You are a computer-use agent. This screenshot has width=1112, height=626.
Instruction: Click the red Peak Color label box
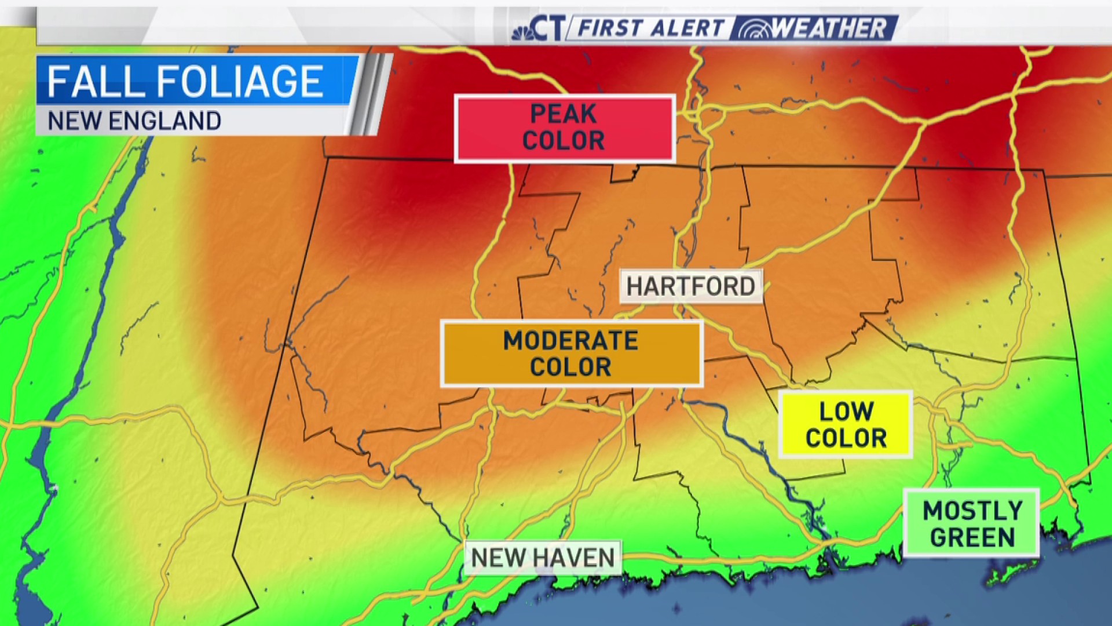[x=565, y=128]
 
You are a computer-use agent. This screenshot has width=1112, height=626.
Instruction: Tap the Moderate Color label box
[x=572, y=354]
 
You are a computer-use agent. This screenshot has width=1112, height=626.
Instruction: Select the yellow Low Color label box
[x=846, y=425]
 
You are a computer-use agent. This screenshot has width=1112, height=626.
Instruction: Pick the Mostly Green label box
[x=971, y=523]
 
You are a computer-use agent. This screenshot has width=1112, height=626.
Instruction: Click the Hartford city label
[x=690, y=286]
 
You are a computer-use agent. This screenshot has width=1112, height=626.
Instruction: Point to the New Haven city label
[x=543, y=558]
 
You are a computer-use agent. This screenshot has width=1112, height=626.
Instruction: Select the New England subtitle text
[x=134, y=121]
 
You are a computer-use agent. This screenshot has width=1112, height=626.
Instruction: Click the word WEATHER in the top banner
[x=828, y=28]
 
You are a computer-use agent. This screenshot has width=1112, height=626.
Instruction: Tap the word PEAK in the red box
[x=563, y=114]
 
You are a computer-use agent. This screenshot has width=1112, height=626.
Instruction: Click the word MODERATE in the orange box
[x=570, y=341]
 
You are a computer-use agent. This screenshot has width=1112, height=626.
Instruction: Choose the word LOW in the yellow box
[x=846, y=412]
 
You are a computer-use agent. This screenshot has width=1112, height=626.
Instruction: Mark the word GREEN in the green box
[x=972, y=537]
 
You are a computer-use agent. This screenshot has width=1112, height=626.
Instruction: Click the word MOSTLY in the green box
[x=972, y=511]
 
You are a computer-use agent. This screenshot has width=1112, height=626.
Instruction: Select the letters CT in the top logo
[x=547, y=28]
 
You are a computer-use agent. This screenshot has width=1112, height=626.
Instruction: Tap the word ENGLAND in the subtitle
[x=165, y=121]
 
